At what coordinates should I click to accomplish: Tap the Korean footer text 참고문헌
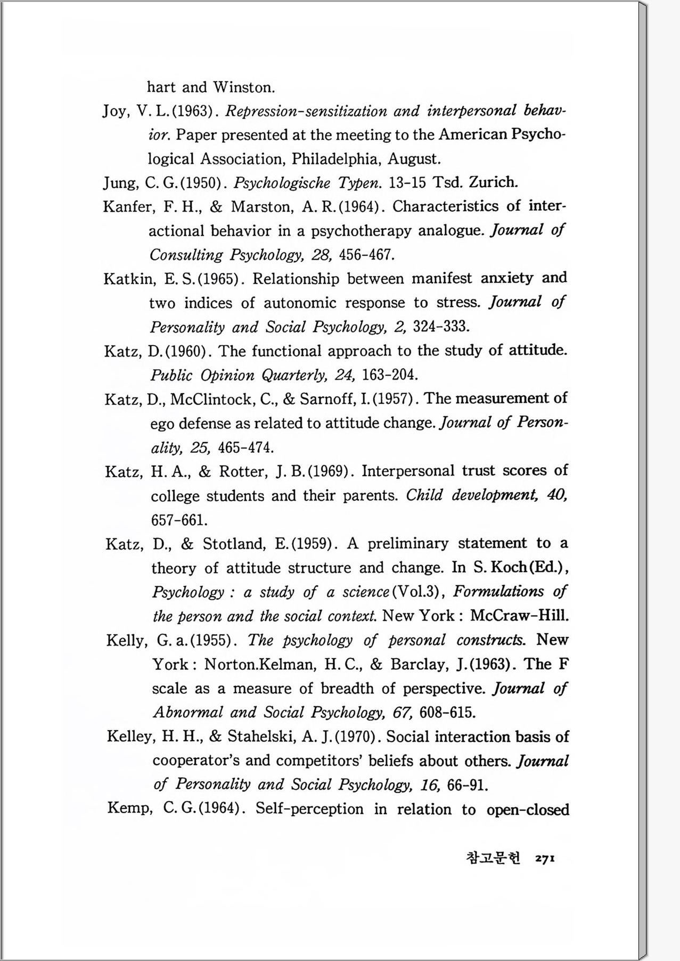point(493,858)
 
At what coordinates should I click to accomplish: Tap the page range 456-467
point(366,255)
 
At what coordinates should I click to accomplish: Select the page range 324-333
point(441,326)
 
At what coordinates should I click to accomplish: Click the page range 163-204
point(389,375)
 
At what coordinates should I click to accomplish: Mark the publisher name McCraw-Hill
point(519,616)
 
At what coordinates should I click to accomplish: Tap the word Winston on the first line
point(244,87)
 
